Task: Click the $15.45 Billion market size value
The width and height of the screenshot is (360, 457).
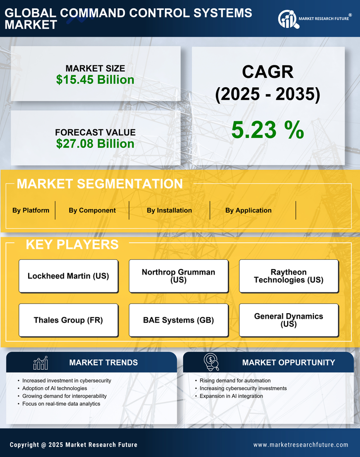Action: (x=95, y=80)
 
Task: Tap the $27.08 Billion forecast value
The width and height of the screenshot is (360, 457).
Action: (x=95, y=144)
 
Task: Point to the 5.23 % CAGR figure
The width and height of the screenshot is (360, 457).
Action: (x=267, y=130)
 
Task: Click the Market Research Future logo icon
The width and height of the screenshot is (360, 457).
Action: (x=288, y=19)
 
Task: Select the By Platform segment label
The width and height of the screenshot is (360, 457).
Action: (x=31, y=210)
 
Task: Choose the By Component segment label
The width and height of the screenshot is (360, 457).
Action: (x=92, y=210)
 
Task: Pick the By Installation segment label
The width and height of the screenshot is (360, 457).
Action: (x=169, y=210)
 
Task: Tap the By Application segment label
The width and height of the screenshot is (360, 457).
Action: (x=248, y=210)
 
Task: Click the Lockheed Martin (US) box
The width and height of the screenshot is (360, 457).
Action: (x=68, y=276)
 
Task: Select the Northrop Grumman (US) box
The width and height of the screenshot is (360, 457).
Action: (x=178, y=276)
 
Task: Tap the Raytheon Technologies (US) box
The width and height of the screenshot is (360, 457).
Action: (x=289, y=276)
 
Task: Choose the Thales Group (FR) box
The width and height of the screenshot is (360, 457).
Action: (x=68, y=320)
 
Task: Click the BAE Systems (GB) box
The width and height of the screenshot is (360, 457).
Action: (x=178, y=320)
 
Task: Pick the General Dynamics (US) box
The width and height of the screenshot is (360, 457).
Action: (x=289, y=320)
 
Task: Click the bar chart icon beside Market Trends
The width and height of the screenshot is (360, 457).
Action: (x=41, y=363)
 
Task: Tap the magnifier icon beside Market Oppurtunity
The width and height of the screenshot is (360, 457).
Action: (x=211, y=362)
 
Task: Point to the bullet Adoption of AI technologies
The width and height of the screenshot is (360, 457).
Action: (x=54, y=388)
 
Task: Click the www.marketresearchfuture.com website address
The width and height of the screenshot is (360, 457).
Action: (x=301, y=445)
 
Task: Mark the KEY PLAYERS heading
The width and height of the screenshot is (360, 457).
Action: (x=72, y=244)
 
